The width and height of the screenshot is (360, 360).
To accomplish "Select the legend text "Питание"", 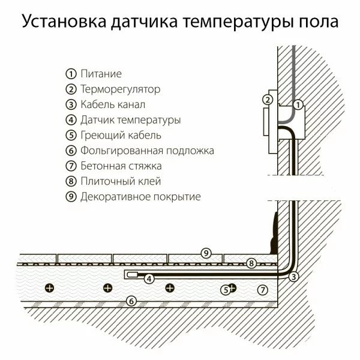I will [x=101, y=74].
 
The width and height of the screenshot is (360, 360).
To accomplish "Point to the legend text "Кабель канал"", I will [x=113, y=105].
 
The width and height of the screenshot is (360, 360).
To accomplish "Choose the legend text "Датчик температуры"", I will [x=130, y=120].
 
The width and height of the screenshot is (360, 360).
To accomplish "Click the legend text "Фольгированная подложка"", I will [x=147, y=151].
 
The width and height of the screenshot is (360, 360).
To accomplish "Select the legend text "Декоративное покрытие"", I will [x=140, y=196].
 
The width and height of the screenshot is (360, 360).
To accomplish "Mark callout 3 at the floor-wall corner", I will [x=293, y=277].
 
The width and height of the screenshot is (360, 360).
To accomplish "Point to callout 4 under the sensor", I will [x=148, y=279].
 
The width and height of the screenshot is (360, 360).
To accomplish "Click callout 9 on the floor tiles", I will [x=205, y=253].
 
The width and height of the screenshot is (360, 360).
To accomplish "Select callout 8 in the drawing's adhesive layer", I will [x=252, y=263].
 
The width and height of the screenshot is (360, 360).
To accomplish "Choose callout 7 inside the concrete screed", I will [x=262, y=289].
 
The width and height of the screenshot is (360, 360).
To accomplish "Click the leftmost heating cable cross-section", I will [x=50, y=288].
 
